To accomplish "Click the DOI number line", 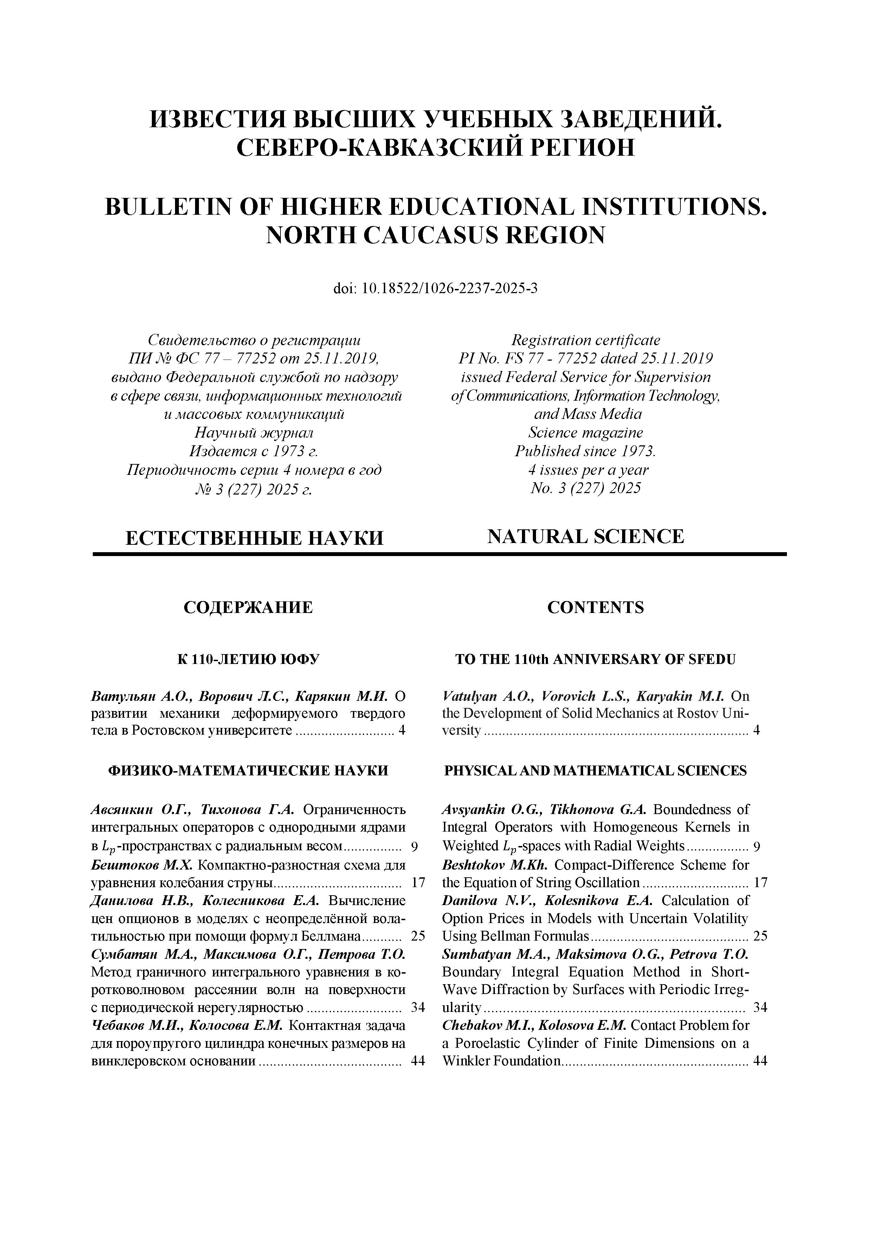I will [435, 289].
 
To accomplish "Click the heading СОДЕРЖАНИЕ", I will [248, 607].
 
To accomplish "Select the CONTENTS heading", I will [595, 607].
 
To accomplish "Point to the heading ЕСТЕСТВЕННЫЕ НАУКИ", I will [254, 537].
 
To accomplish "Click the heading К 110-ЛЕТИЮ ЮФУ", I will [248, 659].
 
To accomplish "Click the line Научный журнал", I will [254, 432].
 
